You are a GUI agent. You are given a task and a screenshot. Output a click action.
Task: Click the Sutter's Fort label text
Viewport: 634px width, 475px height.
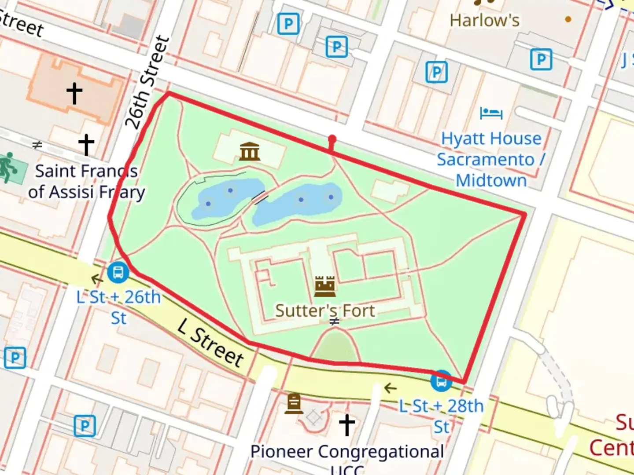point(325,311)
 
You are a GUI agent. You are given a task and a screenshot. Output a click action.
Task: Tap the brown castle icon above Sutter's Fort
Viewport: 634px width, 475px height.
point(325,286)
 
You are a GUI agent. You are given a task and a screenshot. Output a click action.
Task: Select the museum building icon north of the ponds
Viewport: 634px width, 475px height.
point(250,152)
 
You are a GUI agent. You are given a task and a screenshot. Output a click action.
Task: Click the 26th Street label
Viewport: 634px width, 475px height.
point(147,82)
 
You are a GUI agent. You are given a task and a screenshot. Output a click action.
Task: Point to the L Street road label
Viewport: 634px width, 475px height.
point(211,343)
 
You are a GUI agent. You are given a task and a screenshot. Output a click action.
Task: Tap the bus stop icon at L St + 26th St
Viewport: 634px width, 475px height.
point(118,272)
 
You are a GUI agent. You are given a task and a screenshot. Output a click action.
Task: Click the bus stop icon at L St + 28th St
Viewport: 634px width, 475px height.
point(441,381)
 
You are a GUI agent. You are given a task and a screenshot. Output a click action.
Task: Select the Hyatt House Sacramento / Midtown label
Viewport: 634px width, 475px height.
point(491,160)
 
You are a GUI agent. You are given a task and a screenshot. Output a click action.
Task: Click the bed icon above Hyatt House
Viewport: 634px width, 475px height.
point(491,113)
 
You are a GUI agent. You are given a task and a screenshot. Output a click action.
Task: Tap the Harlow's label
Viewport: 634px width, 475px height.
point(484,20)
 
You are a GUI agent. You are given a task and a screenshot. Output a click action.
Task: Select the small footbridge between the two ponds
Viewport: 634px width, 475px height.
point(260,198)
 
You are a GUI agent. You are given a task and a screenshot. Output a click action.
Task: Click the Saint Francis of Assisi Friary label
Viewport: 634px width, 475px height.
point(86,181)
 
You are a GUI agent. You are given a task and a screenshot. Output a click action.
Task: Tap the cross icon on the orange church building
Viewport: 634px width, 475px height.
point(74,93)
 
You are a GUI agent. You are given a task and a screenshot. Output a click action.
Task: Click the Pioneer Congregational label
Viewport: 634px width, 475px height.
point(347,452)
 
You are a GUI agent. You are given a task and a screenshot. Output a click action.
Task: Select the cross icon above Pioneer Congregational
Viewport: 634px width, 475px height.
point(346,424)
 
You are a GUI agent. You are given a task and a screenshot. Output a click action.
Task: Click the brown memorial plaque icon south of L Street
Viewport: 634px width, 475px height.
point(294,403)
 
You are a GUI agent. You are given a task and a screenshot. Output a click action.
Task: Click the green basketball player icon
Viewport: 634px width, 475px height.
point(7,168)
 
